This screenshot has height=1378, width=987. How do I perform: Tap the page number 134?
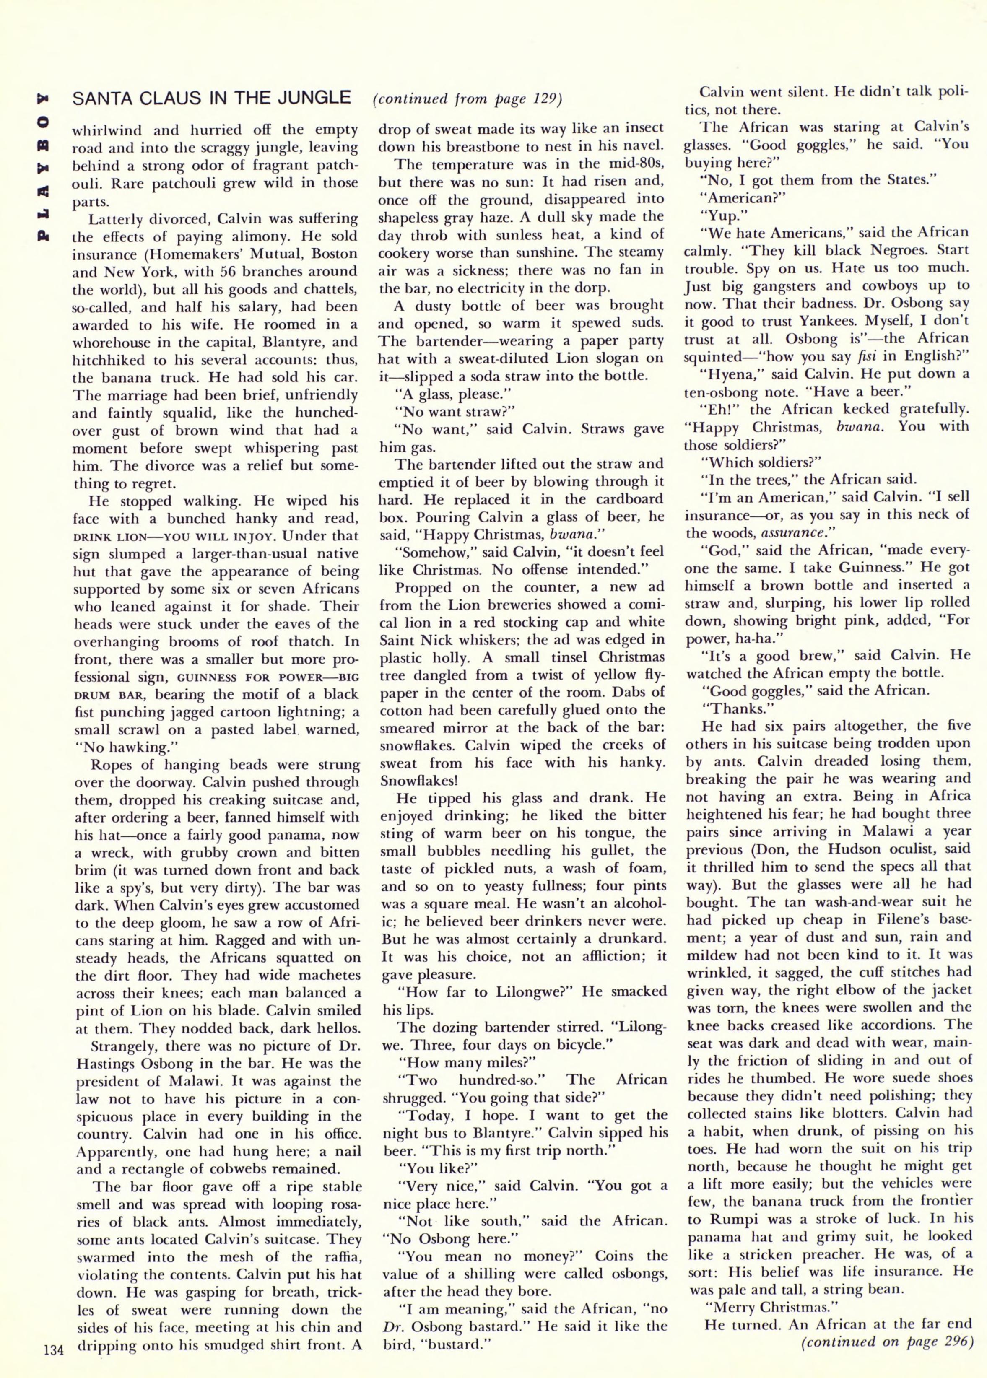tap(54, 1350)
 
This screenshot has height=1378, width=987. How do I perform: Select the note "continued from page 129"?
tap(467, 99)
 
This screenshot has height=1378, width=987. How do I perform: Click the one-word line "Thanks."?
tap(729, 709)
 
